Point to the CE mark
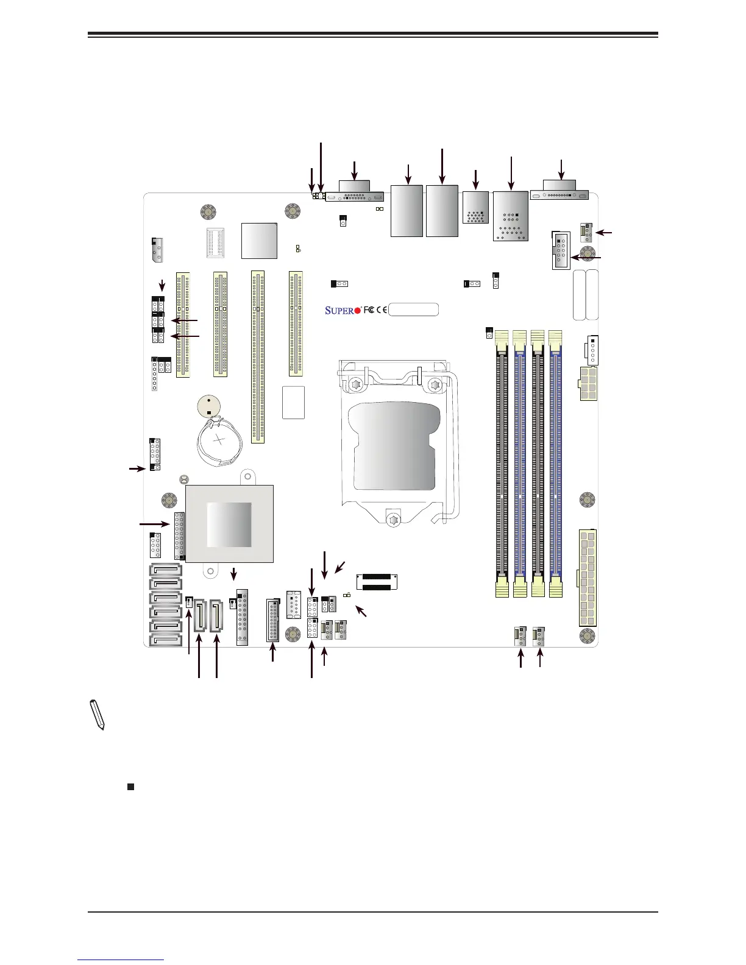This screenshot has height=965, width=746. click(x=382, y=310)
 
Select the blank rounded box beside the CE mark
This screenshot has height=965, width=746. click(x=414, y=309)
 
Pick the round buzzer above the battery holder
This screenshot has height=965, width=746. click(x=210, y=406)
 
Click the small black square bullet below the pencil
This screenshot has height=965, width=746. click(x=130, y=786)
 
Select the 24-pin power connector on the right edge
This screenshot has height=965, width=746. click(x=588, y=578)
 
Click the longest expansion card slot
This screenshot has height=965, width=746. click(x=258, y=357)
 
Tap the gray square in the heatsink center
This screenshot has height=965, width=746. click(x=229, y=525)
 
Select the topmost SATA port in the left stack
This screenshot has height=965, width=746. click(x=165, y=571)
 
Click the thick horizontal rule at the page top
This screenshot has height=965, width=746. click(x=373, y=35)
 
